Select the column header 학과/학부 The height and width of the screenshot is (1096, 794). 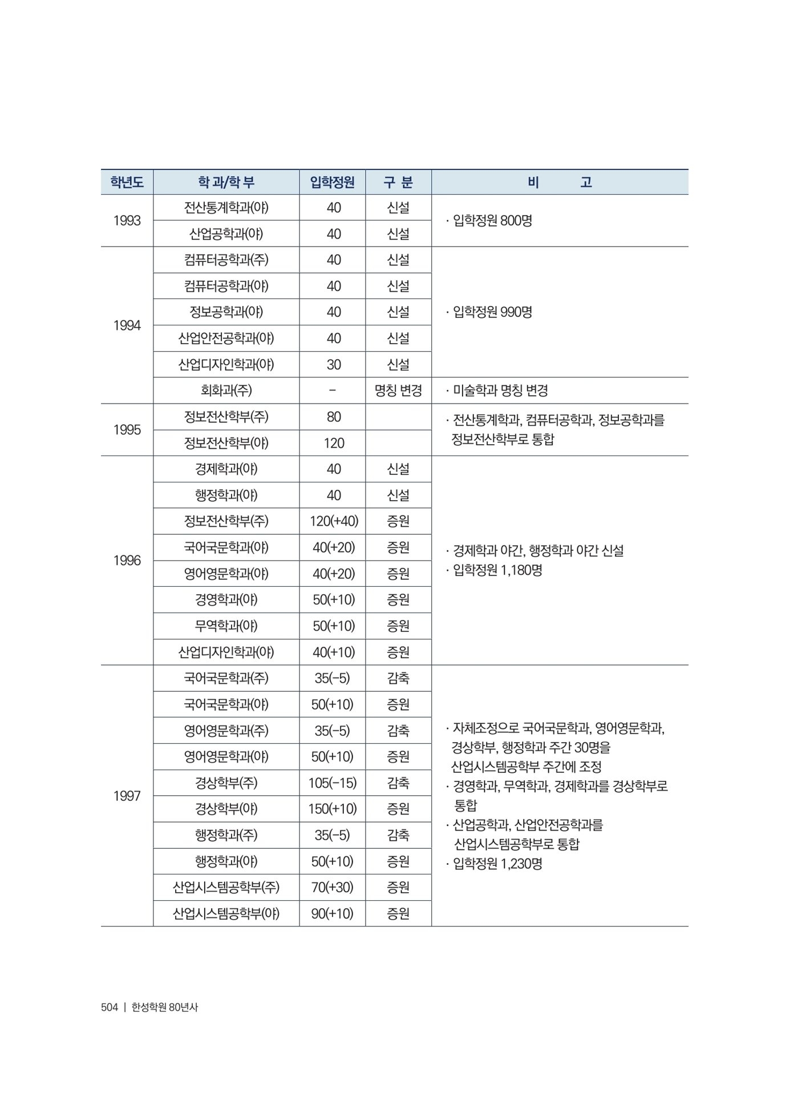tap(226, 183)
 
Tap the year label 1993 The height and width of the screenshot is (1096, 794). tap(127, 221)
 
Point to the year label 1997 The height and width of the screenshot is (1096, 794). tap(127, 796)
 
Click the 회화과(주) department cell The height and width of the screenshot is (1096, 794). tap(226, 390)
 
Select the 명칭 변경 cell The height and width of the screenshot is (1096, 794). tap(398, 390)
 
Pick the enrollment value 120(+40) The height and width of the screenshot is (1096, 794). tap(334, 521)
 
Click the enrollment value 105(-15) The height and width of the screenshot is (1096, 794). tap(333, 783)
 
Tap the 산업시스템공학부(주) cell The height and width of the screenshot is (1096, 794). tap(226, 888)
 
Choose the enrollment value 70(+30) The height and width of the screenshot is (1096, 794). tap(333, 888)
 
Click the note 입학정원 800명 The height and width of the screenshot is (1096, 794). tap(492, 221)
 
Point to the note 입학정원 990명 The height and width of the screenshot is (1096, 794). tap(492, 312)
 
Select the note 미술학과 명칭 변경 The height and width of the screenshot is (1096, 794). tap(500, 390)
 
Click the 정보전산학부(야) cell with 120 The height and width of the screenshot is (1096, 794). tap(226, 443)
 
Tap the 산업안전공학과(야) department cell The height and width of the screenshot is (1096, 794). tap(226, 339)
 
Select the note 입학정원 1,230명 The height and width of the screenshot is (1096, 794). tap(496, 864)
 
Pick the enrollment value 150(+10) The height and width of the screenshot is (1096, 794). tap(334, 809)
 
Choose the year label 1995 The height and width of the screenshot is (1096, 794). tap(127, 430)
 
